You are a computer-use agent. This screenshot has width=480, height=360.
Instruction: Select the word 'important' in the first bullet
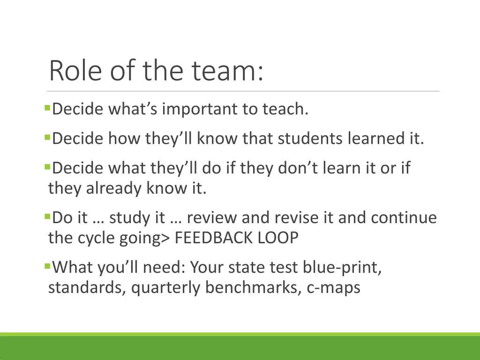(200, 109)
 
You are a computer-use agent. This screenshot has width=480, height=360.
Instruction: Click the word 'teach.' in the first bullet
(285, 109)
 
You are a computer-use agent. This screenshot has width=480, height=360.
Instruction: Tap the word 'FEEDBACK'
(215, 238)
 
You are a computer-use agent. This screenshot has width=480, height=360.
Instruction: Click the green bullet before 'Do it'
(47, 217)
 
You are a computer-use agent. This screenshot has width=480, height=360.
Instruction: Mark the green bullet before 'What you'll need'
(47, 266)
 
